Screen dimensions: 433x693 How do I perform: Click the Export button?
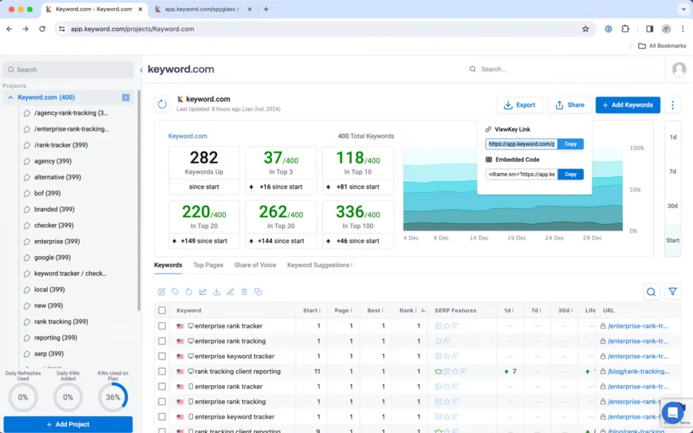click(519, 105)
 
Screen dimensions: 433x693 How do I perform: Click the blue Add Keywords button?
click(627, 105)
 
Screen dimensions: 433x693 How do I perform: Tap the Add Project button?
click(68, 424)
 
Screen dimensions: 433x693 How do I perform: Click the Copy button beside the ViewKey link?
click(571, 144)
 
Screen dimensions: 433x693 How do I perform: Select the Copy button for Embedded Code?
click(571, 174)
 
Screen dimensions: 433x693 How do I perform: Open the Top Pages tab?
click(208, 265)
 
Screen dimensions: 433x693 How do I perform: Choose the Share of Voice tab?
click(255, 265)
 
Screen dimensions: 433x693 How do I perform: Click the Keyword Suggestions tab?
click(319, 265)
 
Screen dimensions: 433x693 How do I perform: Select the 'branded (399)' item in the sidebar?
click(54, 209)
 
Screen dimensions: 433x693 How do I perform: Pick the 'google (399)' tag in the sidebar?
click(52, 258)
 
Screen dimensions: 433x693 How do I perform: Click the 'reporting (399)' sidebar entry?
click(55, 338)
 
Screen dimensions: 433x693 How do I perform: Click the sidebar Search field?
click(68, 70)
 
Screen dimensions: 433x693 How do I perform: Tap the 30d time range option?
click(672, 206)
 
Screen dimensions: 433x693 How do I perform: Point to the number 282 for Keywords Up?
click(204, 158)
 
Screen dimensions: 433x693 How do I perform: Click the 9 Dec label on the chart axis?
click(441, 238)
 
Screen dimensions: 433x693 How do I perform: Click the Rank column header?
click(406, 311)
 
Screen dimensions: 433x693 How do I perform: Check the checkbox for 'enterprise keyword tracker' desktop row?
click(162, 356)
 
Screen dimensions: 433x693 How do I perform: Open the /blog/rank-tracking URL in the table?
click(638, 371)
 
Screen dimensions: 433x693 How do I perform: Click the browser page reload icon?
click(42, 29)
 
